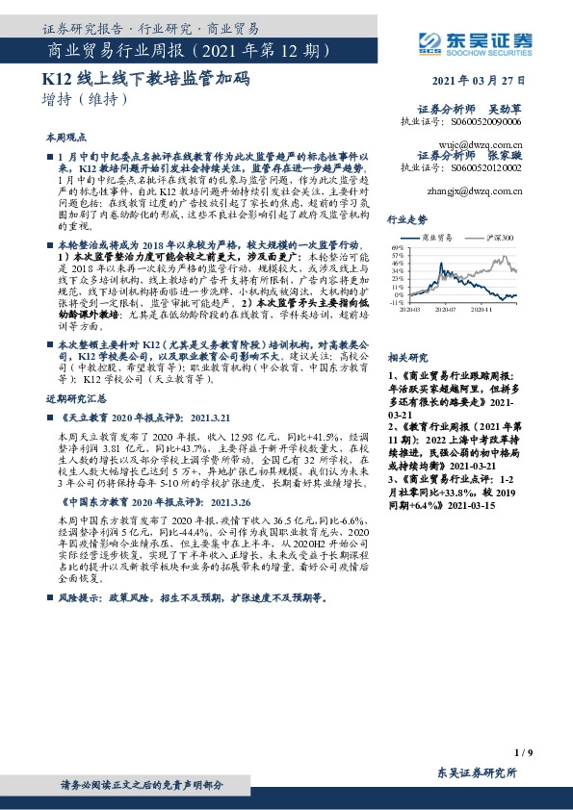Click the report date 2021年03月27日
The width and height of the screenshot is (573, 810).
481,82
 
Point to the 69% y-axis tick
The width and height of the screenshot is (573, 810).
397,247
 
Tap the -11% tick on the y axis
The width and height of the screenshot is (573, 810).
396,302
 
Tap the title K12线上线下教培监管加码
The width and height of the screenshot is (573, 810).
145,80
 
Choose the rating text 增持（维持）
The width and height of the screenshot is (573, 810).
85,99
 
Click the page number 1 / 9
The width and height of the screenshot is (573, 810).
523,751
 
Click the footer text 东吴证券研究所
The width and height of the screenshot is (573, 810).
477,772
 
